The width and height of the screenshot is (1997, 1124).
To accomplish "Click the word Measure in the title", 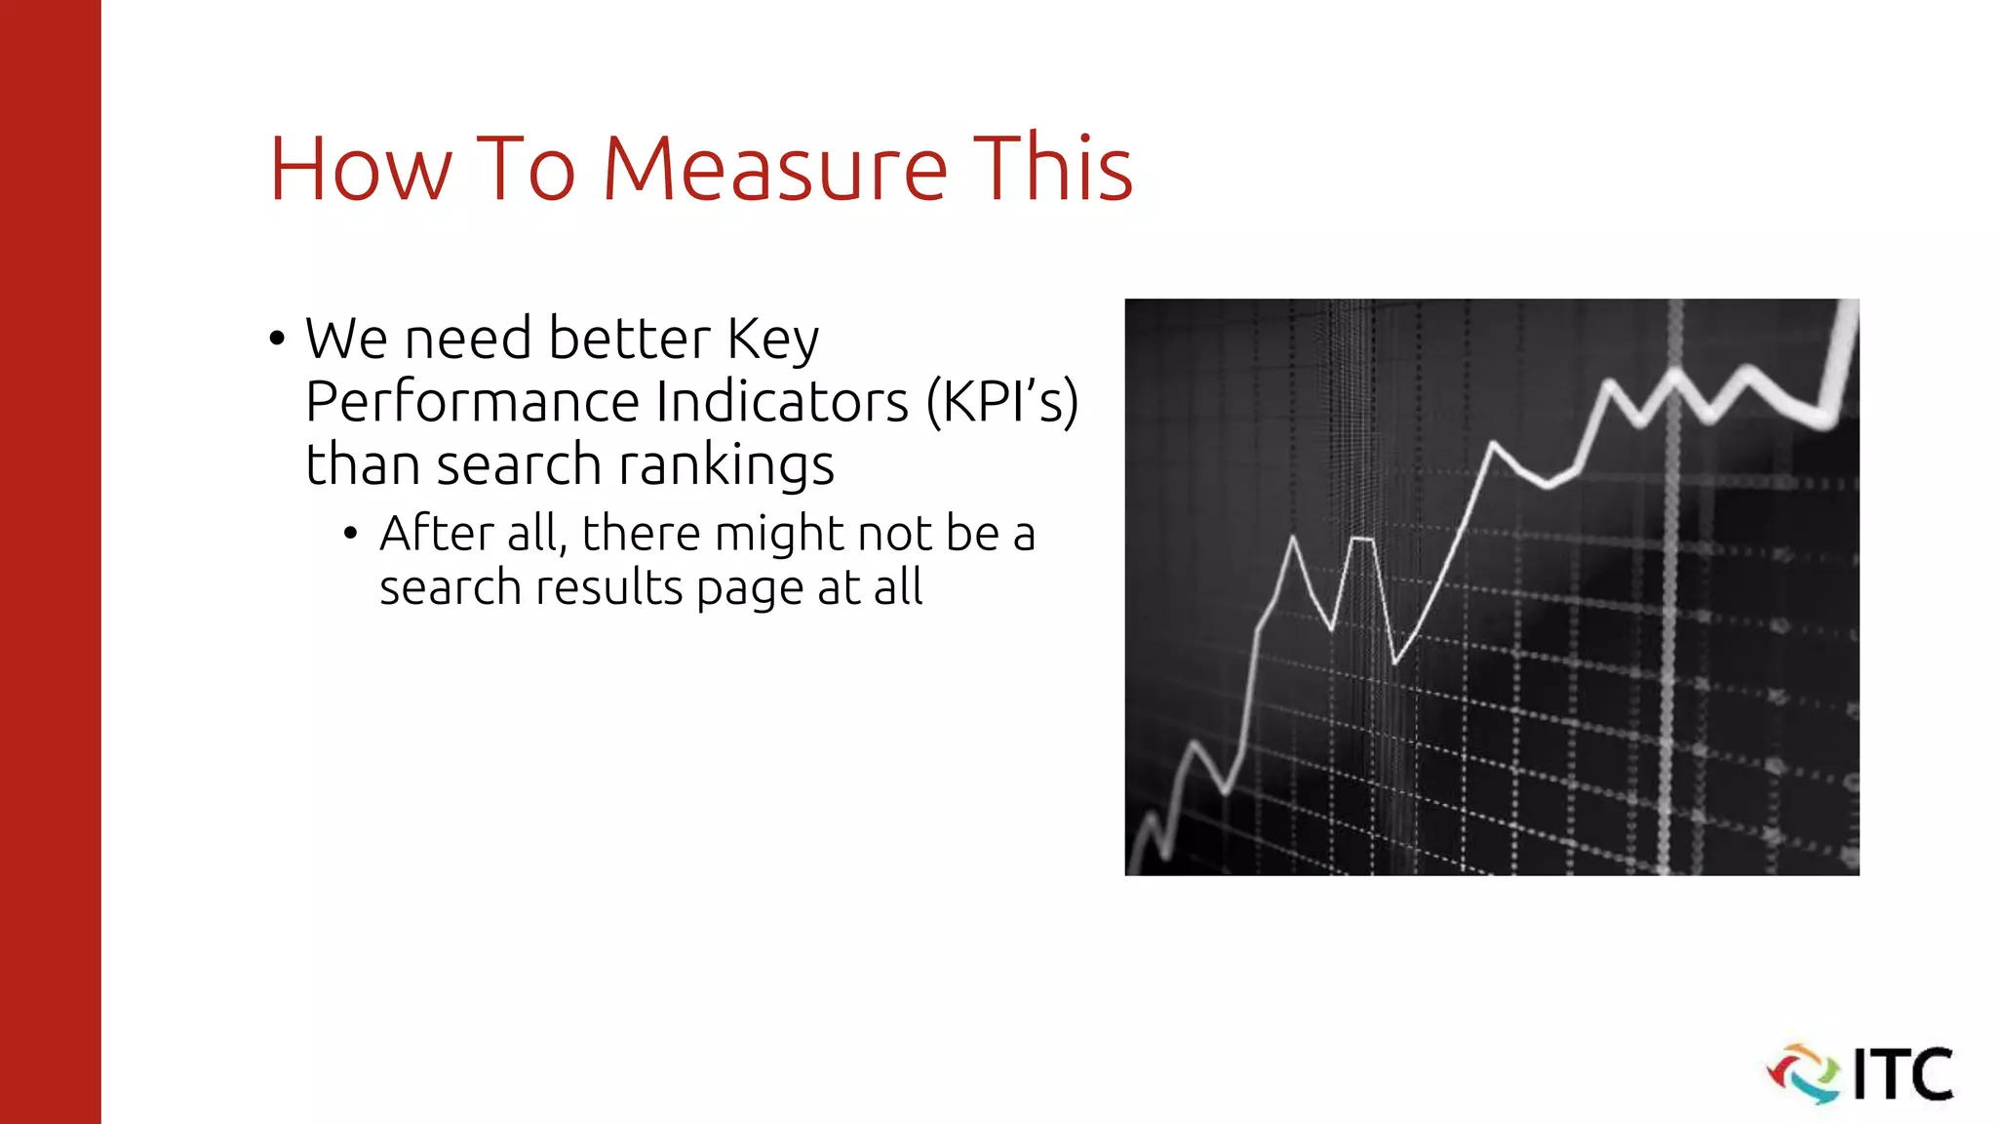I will [775, 170].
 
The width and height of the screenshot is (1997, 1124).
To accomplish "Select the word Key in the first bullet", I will [773, 340].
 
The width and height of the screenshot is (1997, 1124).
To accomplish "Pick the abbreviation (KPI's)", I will [1002, 402].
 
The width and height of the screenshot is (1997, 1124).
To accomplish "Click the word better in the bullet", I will [629, 340].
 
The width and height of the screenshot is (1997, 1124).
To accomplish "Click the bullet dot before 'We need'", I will [278, 341].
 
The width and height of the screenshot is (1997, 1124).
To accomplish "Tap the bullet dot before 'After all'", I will [351, 535].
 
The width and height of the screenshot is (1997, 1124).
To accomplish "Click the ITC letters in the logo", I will [1902, 1074].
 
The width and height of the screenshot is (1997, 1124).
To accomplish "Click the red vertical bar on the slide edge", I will [50, 562].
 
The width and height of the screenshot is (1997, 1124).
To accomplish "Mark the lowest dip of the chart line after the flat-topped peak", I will [1395, 662].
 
